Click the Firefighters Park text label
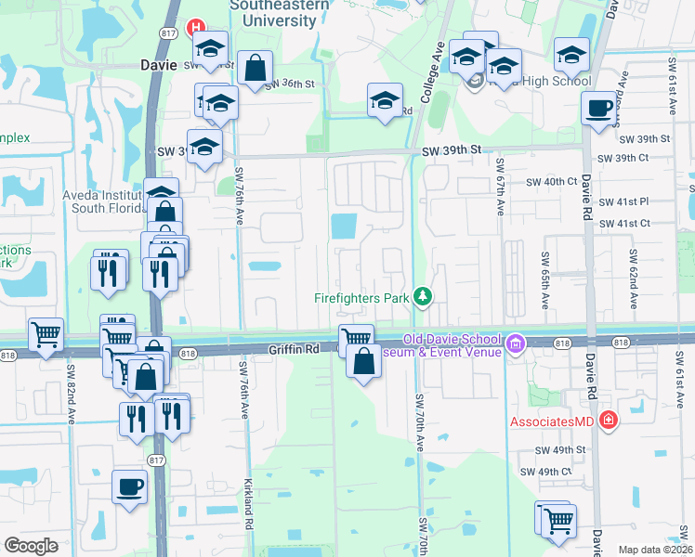point(361,298)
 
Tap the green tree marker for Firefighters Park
point(424,296)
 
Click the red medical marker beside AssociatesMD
point(608,421)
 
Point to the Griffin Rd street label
point(294,349)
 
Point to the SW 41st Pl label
point(625,201)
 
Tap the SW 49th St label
point(560,450)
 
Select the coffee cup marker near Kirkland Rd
point(129,486)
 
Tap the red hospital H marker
point(196,28)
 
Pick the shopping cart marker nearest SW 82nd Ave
point(46,334)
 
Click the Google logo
point(32,546)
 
